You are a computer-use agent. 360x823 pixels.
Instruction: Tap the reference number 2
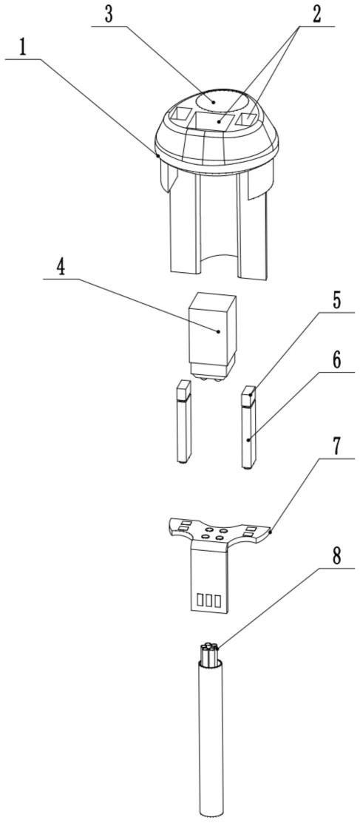click(x=316, y=16)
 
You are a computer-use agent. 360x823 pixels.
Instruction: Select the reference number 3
click(x=109, y=15)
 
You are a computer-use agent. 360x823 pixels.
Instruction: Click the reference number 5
click(x=337, y=302)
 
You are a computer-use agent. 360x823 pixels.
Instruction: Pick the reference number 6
click(x=337, y=360)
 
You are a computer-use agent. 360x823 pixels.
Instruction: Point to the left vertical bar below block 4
click(x=184, y=421)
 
